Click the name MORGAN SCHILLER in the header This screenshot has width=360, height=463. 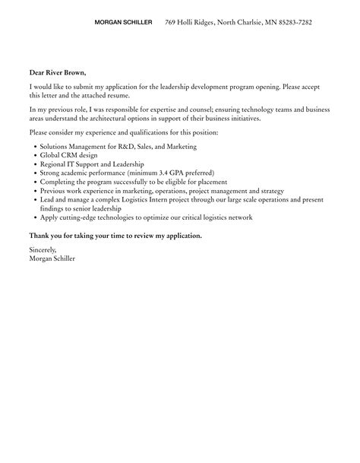(x=123, y=23)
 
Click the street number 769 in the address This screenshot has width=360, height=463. (x=171, y=23)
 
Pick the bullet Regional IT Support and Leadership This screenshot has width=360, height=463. (x=85, y=163)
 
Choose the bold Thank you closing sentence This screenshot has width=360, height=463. (x=115, y=236)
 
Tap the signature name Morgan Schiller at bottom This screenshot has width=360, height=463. (x=52, y=258)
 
